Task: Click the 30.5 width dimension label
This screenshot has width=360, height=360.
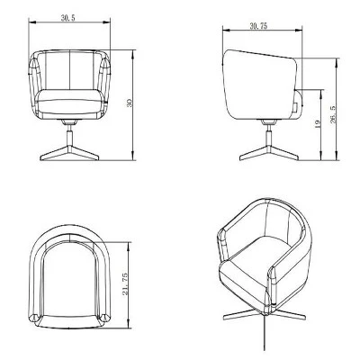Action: click(x=68, y=18)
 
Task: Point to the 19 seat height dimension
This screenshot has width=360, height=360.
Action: click(x=318, y=125)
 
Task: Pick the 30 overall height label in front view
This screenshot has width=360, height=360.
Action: click(x=130, y=104)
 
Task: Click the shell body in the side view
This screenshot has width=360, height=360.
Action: click(x=261, y=81)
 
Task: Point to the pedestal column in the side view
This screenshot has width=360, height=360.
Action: click(x=267, y=132)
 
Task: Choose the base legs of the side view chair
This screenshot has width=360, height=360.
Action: click(x=267, y=155)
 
